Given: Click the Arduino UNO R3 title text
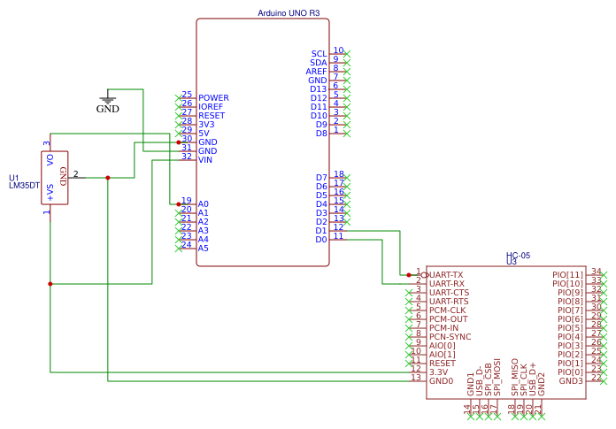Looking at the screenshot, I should click(289, 13).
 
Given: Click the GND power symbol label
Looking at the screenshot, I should click(107, 110).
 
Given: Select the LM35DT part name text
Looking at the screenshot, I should click(25, 186).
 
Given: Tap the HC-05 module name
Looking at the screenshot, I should click(518, 255).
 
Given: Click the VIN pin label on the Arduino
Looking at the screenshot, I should click(205, 160).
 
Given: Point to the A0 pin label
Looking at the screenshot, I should click(203, 204).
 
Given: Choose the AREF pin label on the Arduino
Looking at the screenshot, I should click(316, 72).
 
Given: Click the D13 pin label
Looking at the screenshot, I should click(319, 89).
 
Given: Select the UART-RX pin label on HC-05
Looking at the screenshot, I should click(447, 284).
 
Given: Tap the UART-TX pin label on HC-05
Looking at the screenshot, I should click(447, 275).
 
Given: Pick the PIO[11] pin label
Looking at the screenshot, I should click(567, 275).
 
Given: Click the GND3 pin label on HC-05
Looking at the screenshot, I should click(571, 381).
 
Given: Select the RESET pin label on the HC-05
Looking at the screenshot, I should click(442, 364).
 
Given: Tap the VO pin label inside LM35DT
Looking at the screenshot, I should click(50, 159).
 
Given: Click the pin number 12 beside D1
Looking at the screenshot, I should click(338, 227).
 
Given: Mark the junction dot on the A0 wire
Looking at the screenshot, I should click(179, 203).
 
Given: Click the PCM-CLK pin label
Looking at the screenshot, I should click(448, 310).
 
